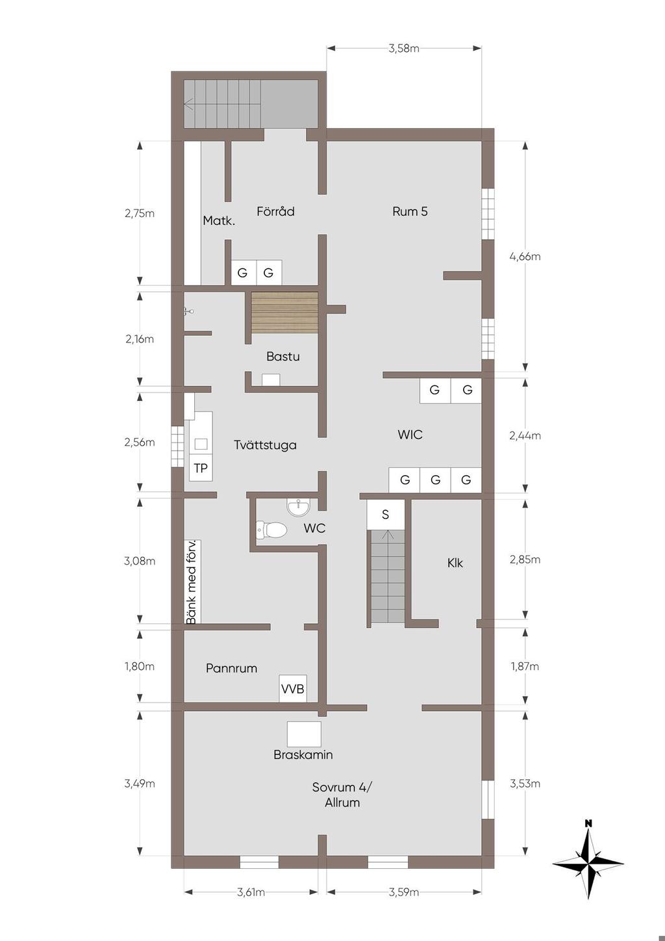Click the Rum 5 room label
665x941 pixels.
(x=410, y=211)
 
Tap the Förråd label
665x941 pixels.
(x=275, y=211)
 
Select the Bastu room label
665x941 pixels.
(x=283, y=357)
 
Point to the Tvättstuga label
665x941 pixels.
(x=265, y=445)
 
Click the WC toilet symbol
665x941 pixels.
(x=271, y=529)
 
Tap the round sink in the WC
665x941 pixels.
(x=299, y=506)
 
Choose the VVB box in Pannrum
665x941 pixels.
(x=293, y=689)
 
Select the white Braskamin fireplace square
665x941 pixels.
(x=304, y=734)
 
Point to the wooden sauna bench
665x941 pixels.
(x=284, y=313)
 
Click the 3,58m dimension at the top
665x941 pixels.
(x=404, y=48)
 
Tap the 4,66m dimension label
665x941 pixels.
(x=525, y=256)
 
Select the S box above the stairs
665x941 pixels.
(x=385, y=514)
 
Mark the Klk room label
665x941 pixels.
(x=455, y=563)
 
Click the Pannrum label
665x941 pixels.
(x=231, y=668)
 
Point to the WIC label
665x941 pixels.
(x=410, y=434)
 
